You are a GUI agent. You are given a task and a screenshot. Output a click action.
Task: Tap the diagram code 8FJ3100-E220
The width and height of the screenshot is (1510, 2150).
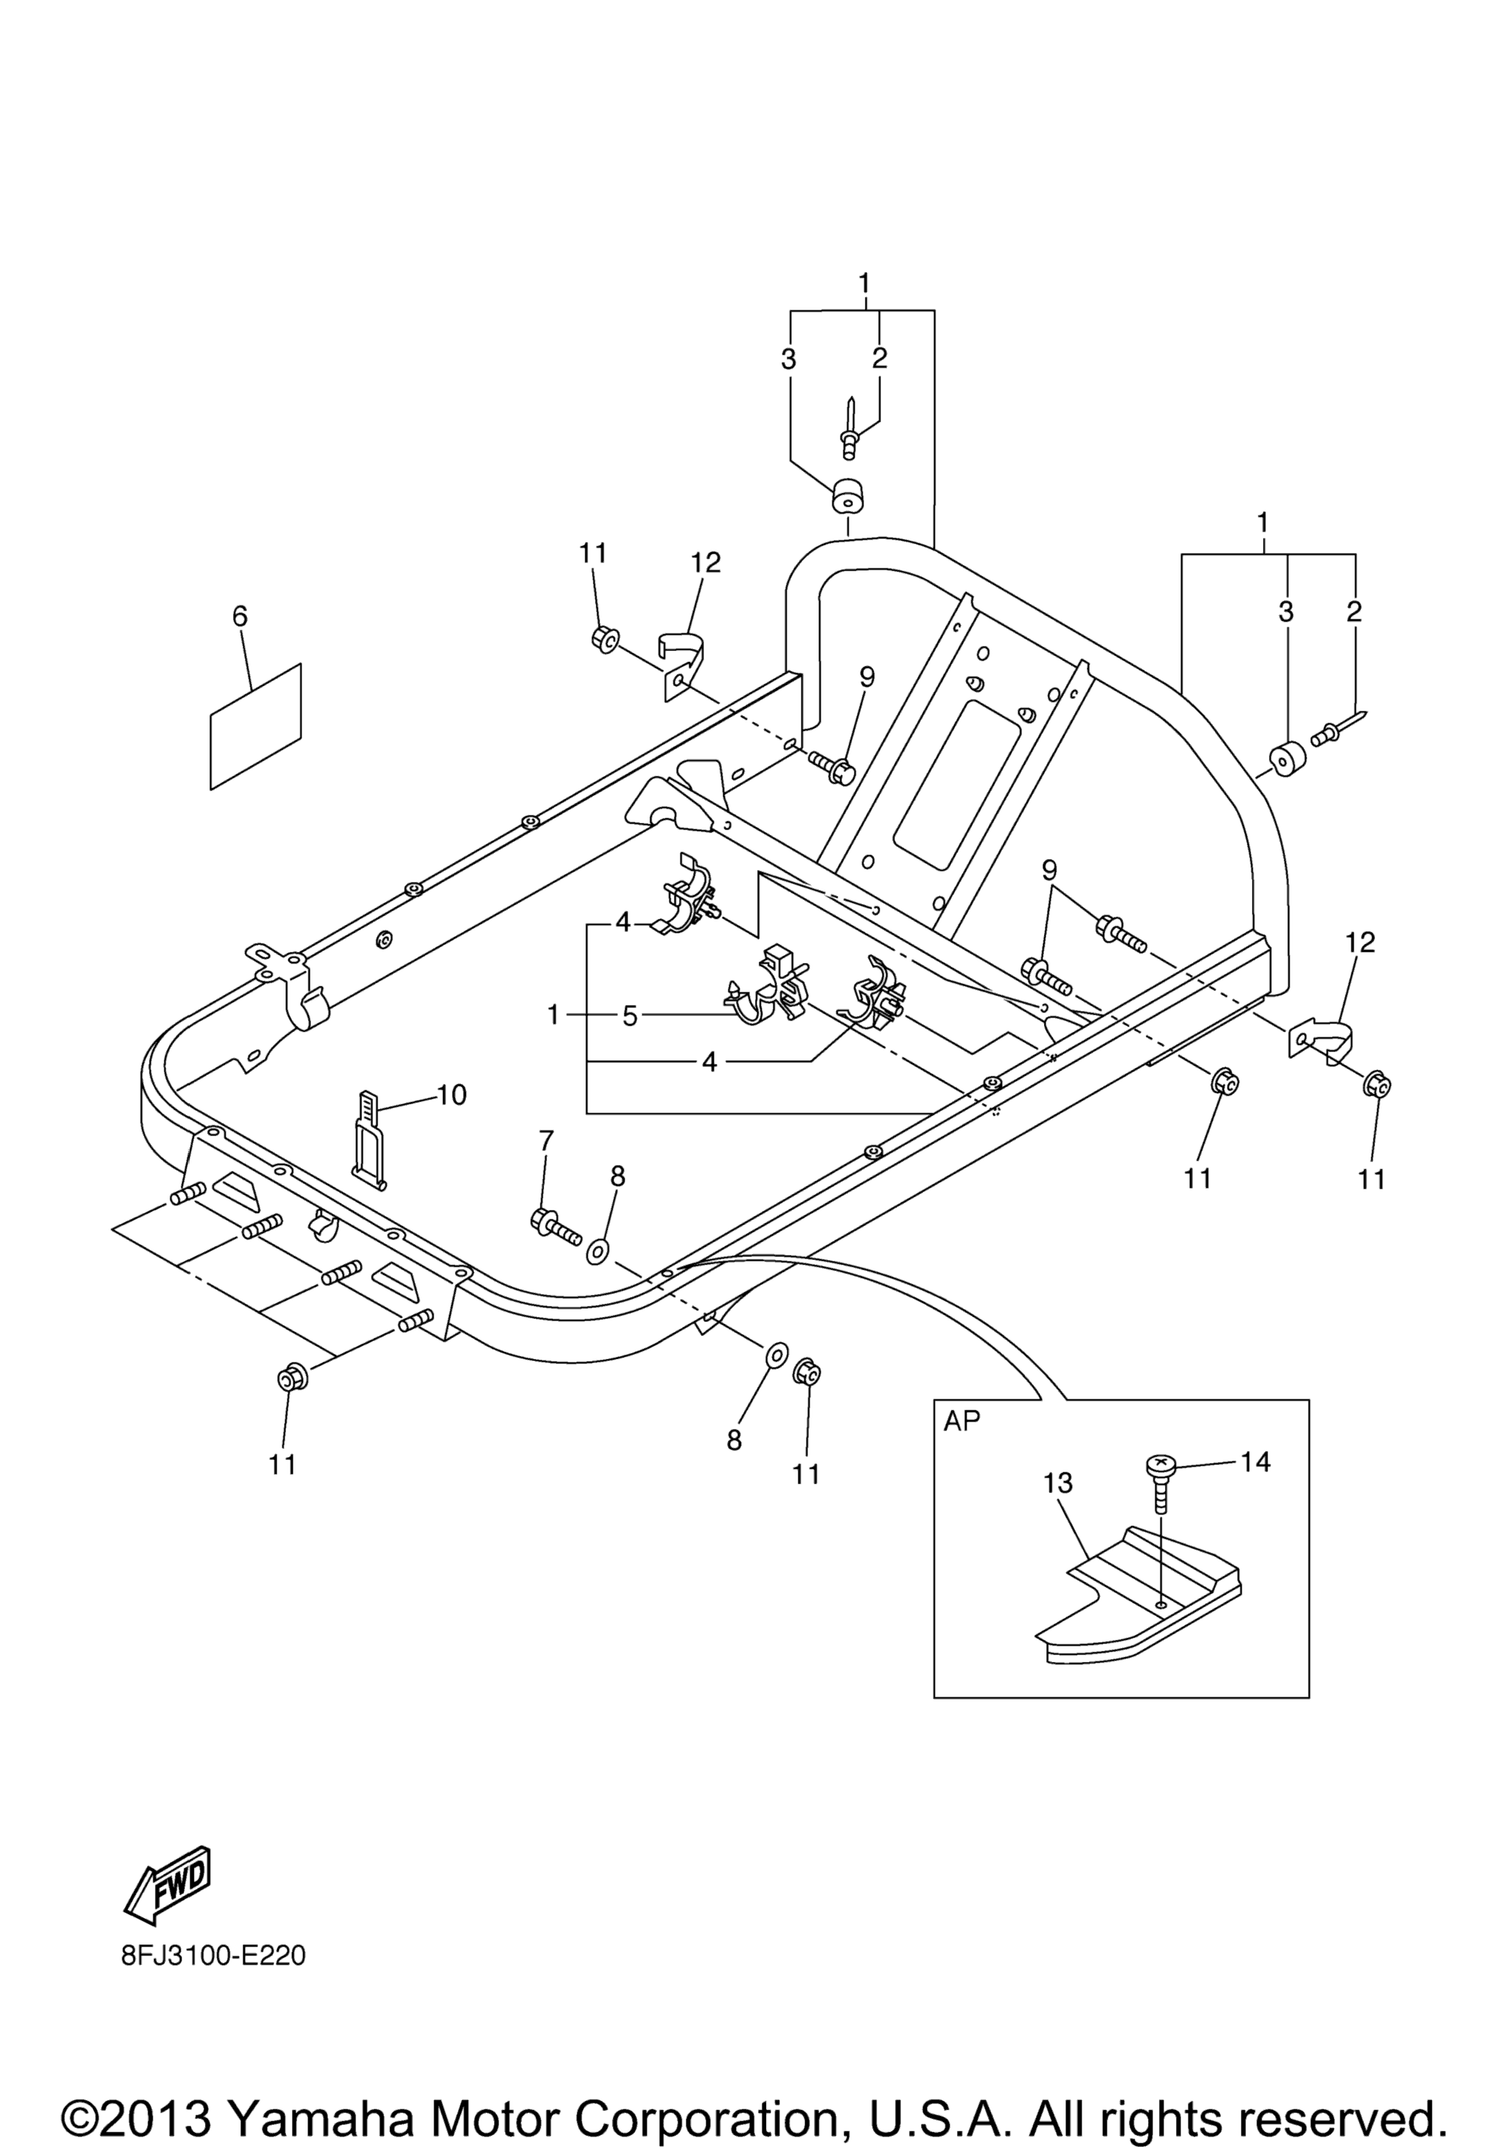212,1957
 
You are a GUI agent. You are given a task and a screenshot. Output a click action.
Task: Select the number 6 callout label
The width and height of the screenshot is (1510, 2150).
240,616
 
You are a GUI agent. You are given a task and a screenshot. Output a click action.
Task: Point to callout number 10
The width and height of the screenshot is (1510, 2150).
451,1093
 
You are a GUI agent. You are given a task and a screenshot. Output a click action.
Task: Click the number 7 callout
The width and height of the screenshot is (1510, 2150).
546,1141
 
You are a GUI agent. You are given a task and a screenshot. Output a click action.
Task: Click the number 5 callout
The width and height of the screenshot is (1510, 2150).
630,1015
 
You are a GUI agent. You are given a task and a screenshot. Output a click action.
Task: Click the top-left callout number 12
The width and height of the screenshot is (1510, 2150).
706,563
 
